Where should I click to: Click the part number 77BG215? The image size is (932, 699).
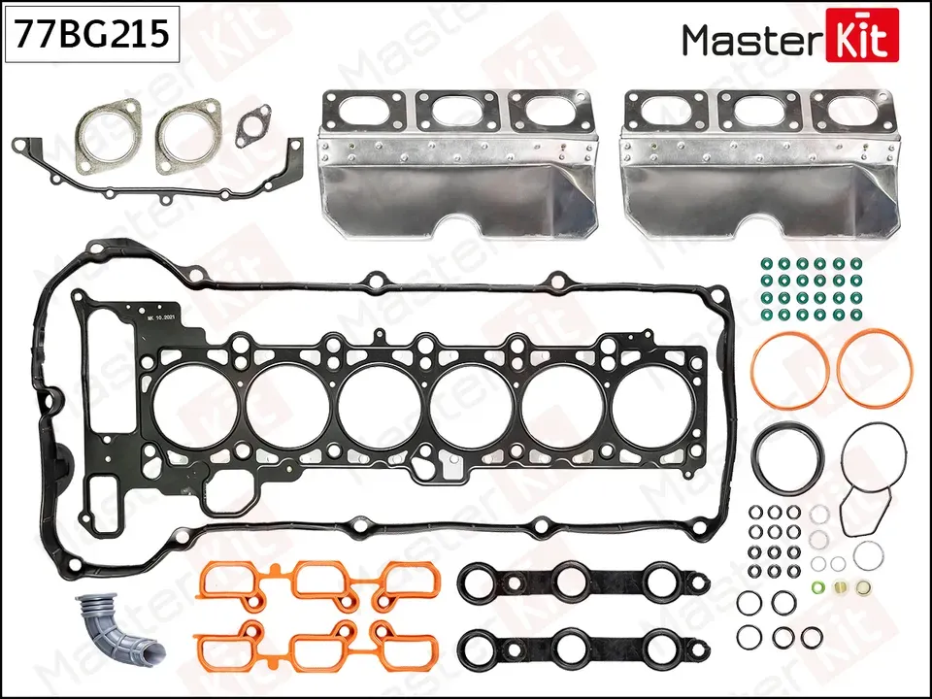click(x=90, y=34)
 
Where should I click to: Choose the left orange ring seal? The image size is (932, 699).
click(x=789, y=370)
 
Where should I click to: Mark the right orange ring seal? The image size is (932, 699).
click(x=874, y=368)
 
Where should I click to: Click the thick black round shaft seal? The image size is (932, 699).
click(x=789, y=460)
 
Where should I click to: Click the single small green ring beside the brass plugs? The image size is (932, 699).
click(x=817, y=587)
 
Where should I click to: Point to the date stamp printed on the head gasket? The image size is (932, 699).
click(x=159, y=317)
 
